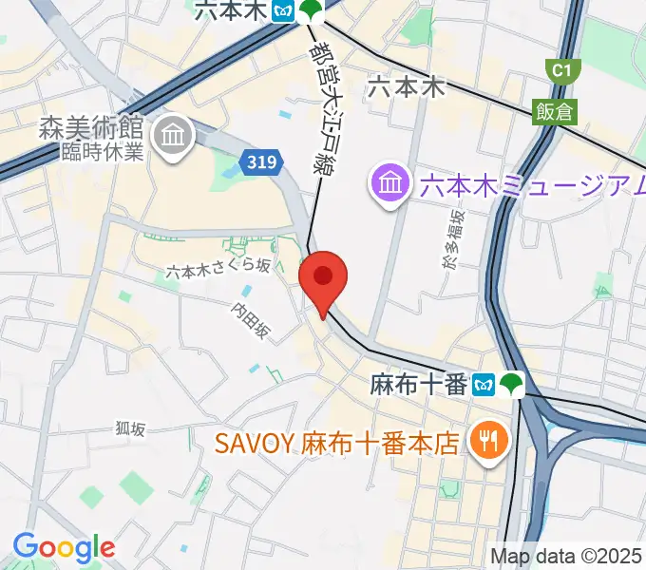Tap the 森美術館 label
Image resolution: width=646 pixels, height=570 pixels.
click(x=90, y=128)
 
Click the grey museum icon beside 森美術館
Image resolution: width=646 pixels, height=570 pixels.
click(x=175, y=135)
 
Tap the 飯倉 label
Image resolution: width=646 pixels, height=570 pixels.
click(x=556, y=111)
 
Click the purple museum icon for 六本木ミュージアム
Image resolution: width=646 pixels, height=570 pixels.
click(x=390, y=180)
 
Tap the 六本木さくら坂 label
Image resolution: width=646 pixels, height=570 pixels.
click(x=218, y=271)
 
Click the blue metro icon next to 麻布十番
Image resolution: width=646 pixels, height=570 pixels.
click(x=486, y=385)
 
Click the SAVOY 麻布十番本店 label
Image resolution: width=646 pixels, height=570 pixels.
click(x=337, y=443)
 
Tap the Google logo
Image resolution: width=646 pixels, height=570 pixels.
click(x=64, y=547)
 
